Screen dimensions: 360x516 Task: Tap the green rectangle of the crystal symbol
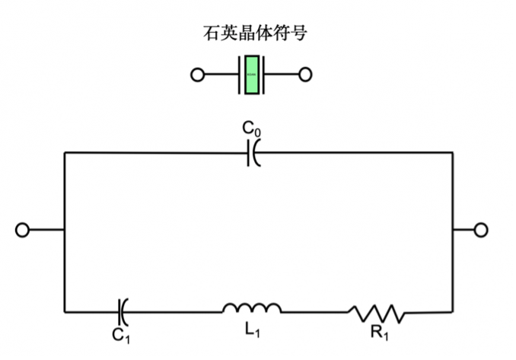(251, 75)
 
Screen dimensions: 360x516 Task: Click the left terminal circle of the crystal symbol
(197, 75)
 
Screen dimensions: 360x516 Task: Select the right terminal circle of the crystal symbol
(305, 75)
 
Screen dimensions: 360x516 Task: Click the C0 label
(252, 126)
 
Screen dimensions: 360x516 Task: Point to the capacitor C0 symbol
(253, 152)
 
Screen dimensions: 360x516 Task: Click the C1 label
(121, 334)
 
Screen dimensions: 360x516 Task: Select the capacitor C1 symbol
(122, 311)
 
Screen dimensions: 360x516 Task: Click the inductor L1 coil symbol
(252, 308)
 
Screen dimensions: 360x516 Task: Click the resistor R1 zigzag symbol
(377, 311)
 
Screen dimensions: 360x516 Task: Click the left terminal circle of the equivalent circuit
(22, 230)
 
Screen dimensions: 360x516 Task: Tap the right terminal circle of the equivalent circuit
(480, 230)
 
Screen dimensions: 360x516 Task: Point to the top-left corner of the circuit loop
(65, 152)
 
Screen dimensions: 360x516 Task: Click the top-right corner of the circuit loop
(453, 152)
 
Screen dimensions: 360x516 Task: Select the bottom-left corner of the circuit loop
(65, 311)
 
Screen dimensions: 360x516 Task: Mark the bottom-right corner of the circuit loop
(453, 311)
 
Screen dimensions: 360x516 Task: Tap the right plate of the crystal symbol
(263, 75)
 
